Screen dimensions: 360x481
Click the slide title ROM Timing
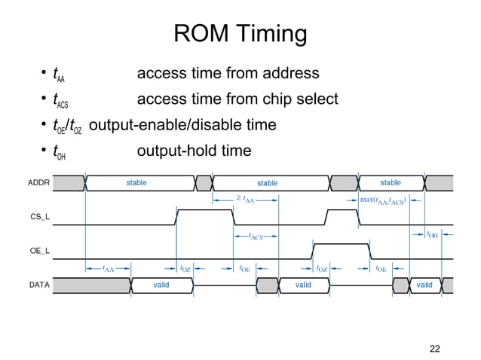pos(240,35)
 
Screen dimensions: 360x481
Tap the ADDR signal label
pos(39,183)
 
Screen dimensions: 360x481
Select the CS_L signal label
pos(39,217)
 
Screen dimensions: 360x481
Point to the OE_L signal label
pos(39,251)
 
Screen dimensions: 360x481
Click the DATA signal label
pos(39,285)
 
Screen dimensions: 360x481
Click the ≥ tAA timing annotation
pos(246,200)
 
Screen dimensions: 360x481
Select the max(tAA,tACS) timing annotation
pos(384,200)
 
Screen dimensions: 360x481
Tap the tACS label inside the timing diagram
pos(256,236)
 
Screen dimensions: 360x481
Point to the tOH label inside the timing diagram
pos(433,235)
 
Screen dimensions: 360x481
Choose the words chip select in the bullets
pos(302,99)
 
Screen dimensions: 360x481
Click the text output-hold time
pos(194,151)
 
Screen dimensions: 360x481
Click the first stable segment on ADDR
pos(136,183)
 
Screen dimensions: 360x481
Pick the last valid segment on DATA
pos(424,285)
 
